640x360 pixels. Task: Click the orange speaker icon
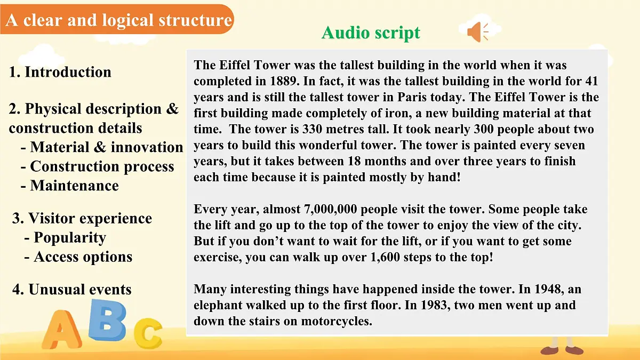click(477, 32)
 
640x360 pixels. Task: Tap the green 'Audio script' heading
click(371, 33)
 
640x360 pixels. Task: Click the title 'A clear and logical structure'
click(119, 20)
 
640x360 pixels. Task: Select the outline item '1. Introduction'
click(60, 72)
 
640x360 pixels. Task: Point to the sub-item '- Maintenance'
click(70, 186)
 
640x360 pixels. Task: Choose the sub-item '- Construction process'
click(98, 166)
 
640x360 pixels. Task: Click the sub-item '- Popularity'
click(65, 237)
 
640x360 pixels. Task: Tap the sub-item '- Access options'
click(78, 257)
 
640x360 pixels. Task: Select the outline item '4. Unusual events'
click(72, 290)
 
